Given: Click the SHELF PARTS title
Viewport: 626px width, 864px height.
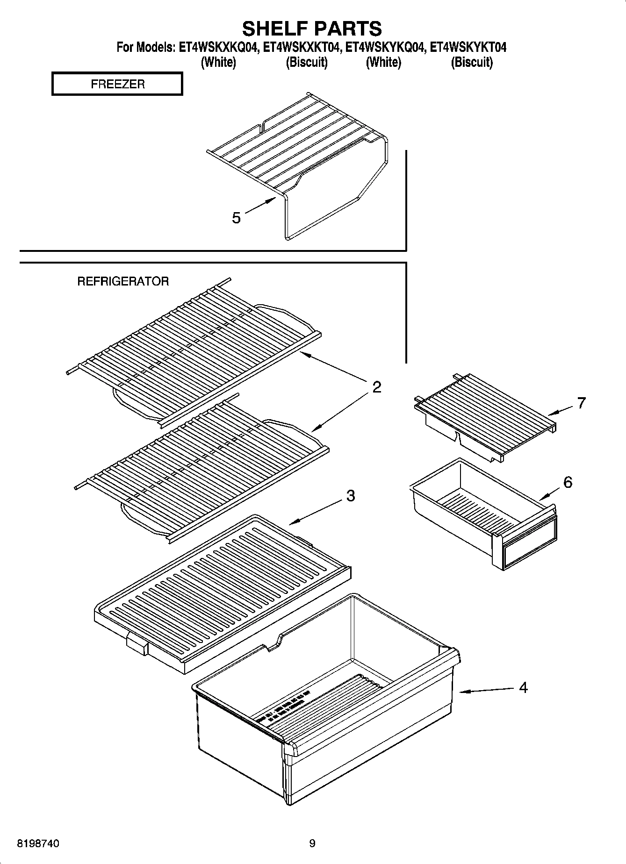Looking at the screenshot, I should tap(312, 29).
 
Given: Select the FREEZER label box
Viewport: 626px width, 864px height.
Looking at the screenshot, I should tap(117, 84).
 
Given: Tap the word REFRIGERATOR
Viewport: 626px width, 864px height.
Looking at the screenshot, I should tap(123, 281).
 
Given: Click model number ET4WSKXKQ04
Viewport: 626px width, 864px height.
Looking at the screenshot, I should tap(218, 47).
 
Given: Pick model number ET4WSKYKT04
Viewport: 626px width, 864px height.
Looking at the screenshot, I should tap(468, 47).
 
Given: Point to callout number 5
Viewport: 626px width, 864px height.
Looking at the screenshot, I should tap(237, 218).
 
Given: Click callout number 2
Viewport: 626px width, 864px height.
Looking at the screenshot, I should tap(376, 387).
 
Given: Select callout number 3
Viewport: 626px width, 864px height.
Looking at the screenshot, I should tap(351, 496).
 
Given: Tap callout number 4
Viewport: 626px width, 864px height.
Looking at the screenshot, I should tap(523, 687).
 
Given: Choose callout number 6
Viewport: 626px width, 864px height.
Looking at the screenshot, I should tap(568, 482).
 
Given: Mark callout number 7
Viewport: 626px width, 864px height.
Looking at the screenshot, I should tap(581, 403).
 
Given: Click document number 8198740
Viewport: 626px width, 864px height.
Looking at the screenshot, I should tap(38, 843).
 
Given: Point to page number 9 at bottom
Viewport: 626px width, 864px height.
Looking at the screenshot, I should tap(312, 843).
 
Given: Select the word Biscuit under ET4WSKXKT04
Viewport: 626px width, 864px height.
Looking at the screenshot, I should tap(307, 62).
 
